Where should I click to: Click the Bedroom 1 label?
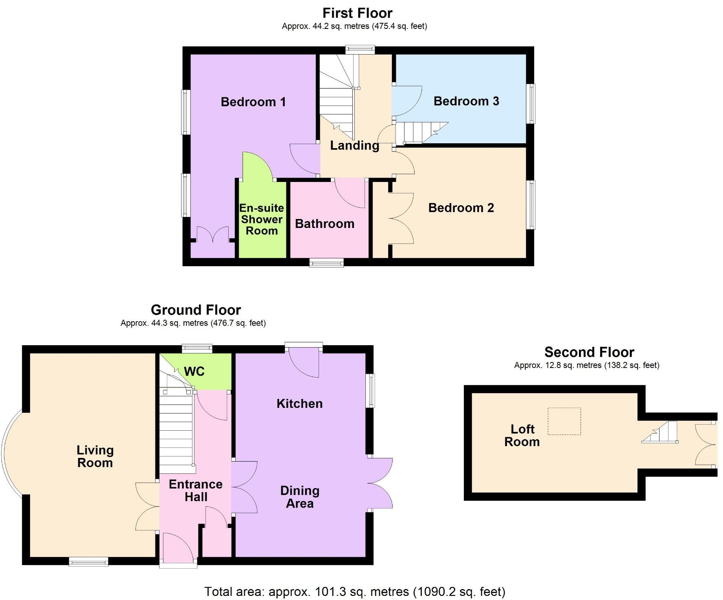pos(253,102)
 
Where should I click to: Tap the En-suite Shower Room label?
pos(262,219)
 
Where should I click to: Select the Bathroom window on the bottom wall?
pos(326,263)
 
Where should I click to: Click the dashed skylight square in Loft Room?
pos(564,421)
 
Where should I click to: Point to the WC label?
pos(194,371)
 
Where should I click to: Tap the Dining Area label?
pos(299,497)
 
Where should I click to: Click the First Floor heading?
pos(357,13)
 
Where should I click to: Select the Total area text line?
pos(354,591)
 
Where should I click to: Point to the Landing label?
pos(354,145)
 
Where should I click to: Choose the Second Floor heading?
pos(589,352)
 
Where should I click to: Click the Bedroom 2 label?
pos(461,208)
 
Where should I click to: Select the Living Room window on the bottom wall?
pos(88,562)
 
